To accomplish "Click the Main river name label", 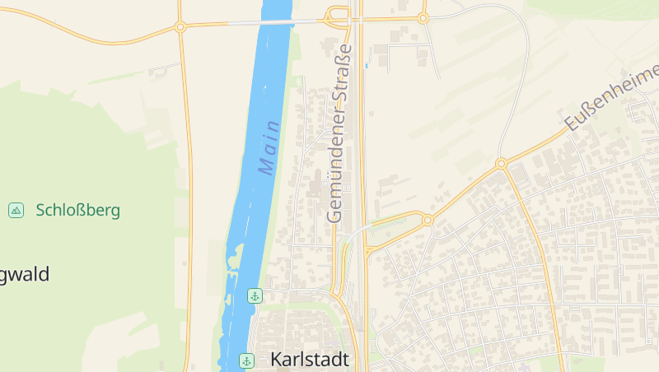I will click(x=269, y=147).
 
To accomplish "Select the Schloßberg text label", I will click(x=78, y=210).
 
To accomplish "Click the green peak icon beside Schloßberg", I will click(x=16, y=210).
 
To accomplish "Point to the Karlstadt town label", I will click(x=310, y=360).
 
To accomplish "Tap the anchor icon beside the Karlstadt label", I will click(x=246, y=360).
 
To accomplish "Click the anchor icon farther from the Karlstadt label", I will click(x=255, y=295).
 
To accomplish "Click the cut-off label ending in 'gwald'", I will click(x=25, y=274).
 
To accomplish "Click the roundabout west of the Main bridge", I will click(x=180, y=27).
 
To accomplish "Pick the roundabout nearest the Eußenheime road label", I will click(x=501, y=164).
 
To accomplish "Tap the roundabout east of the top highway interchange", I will click(x=423, y=17).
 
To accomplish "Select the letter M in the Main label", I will click(x=266, y=166).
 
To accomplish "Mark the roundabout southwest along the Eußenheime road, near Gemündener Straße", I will click(x=427, y=220).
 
